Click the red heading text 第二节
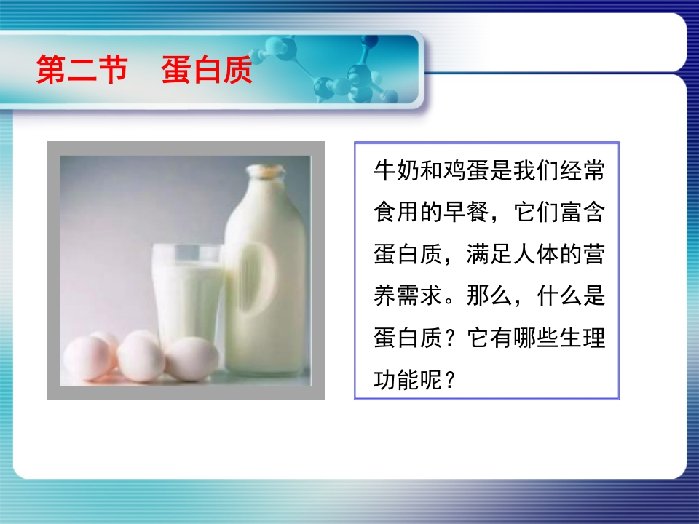click(82, 70)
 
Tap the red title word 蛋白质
click(207, 70)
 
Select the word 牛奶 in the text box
click(397, 170)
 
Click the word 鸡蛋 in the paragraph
click(466, 170)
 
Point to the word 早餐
click(466, 212)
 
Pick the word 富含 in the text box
click(582, 212)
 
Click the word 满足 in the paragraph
click(489, 254)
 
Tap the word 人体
click(536, 254)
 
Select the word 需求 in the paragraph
click(420, 296)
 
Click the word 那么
click(489, 296)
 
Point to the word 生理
click(582, 338)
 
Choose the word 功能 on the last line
click(397, 380)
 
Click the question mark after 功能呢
click(450, 380)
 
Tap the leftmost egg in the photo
click(87, 358)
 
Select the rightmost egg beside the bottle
click(191, 359)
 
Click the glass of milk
click(188, 294)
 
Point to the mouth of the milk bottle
click(266, 170)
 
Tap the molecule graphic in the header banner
click(330, 69)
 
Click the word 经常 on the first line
click(582, 170)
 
